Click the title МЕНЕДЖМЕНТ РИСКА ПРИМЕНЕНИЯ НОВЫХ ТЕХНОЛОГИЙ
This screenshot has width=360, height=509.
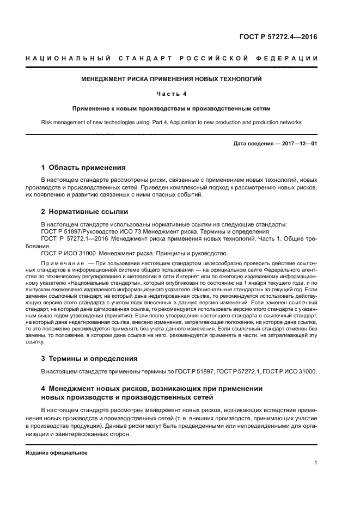[x=172, y=79]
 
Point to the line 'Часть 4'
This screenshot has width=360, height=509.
[x=172, y=94]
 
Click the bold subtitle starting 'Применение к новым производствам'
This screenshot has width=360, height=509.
[x=172, y=108]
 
